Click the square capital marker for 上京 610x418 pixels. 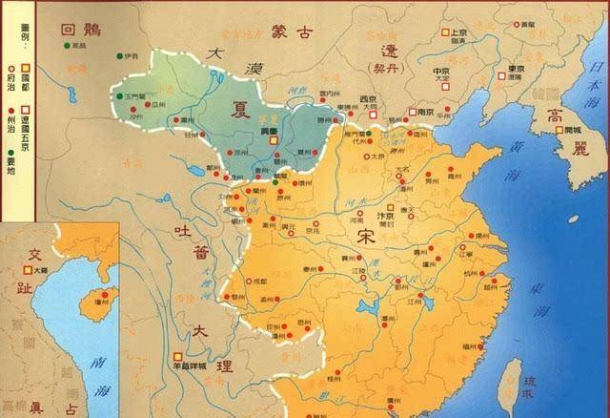(x=443, y=32)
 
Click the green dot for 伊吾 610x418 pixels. (x=120, y=56)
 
